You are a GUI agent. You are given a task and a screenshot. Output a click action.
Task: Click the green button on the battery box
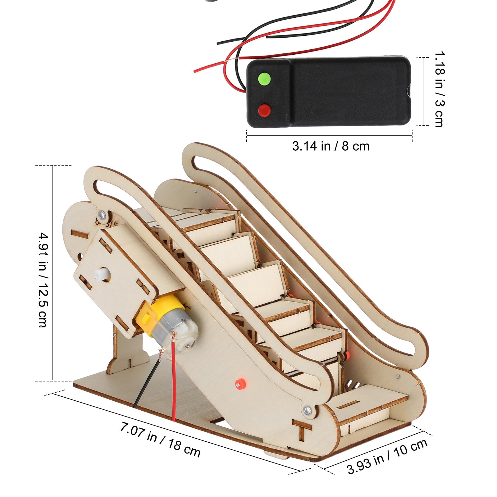[264, 78]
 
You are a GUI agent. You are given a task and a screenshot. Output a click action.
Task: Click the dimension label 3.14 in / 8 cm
[331, 146]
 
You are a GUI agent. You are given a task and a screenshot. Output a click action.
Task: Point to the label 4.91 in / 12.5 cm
[43, 280]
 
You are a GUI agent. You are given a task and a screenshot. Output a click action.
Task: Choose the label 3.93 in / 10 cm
[387, 457]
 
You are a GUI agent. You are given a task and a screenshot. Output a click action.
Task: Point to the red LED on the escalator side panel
[240, 383]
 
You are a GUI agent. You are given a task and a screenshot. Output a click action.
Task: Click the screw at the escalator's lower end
[307, 410]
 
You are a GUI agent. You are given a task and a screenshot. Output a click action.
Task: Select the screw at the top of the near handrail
[101, 214]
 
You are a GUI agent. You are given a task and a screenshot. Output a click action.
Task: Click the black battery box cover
[348, 92]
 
